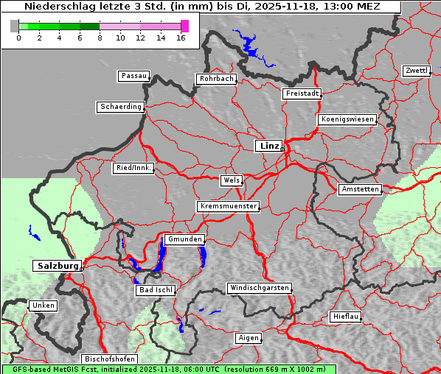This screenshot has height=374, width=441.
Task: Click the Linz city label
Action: [268, 146]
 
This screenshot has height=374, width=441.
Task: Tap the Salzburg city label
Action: [56, 265]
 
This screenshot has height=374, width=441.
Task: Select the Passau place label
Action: [133, 76]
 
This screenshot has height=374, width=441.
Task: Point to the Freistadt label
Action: [301, 93]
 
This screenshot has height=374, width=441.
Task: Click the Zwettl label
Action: [416, 71]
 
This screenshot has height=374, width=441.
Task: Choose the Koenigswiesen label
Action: [347, 119]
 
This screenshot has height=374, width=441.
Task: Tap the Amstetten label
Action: [360, 189]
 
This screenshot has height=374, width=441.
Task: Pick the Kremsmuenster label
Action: [228, 206]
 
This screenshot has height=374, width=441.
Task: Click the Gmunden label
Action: [183, 240]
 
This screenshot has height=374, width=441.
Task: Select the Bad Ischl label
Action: [155, 290]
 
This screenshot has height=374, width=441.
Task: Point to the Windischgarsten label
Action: [258, 288]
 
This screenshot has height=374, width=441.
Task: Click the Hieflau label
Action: [346, 317]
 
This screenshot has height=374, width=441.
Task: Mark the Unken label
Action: [43, 306]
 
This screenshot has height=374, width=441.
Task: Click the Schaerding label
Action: [120, 107]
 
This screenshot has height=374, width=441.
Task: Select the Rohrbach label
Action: [215, 79]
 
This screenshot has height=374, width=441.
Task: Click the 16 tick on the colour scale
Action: [181, 38]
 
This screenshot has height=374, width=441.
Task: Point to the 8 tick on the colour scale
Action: [100, 38]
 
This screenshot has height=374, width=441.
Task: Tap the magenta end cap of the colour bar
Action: [184, 26]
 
